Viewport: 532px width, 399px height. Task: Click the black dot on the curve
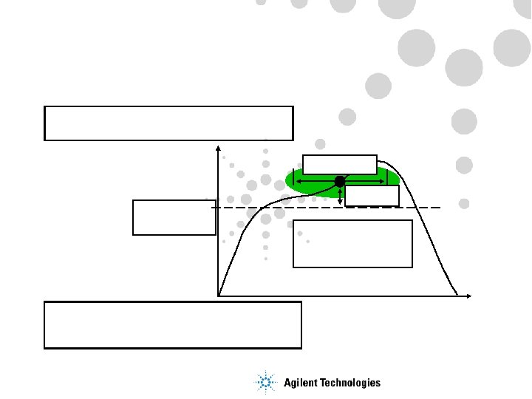tap(340, 181)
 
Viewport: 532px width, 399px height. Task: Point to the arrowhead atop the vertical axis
tap(218, 150)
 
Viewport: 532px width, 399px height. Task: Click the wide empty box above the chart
tap(168, 123)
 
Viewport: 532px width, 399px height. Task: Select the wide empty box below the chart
tap(173, 324)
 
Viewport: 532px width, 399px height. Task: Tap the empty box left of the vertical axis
tap(174, 217)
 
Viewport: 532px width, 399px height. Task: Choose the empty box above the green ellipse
tap(340, 163)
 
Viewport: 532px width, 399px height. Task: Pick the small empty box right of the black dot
tap(372, 196)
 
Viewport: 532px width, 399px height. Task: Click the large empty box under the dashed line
tap(352, 244)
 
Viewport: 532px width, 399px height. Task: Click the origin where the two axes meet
tap(219, 296)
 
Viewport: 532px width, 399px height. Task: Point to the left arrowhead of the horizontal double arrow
tap(297, 180)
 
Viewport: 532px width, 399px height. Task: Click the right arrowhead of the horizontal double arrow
tap(383, 180)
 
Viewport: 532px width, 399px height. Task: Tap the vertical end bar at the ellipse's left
tap(293, 180)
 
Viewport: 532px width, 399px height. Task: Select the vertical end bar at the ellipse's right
tap(387, 178)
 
